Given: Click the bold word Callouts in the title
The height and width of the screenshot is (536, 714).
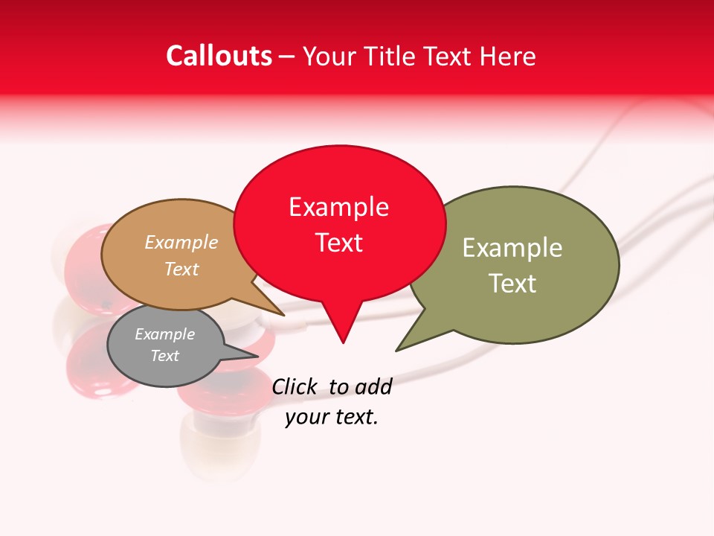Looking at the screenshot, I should click(x=219, y=56).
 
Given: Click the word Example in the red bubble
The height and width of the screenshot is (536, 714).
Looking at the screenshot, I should click(x=338, y=207).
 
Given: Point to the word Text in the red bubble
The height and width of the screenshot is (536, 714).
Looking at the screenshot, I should click(x=338, y=243).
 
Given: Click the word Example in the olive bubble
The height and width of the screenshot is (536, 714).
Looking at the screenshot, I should click(x=512, y=248).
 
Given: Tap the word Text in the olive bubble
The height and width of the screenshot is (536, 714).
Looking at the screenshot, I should click(x=512, y=284).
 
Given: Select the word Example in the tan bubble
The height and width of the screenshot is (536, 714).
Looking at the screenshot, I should click(x=181, y=243).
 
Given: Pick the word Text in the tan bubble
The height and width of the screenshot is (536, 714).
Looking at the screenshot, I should click(x=181, y=269).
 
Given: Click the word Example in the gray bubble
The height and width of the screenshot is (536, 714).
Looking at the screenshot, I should click(x=164, y=334).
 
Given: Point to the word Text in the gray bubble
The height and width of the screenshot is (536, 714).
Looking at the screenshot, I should click(x=164, y=356).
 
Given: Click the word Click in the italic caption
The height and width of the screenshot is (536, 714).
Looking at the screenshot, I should click(x=294, y=386).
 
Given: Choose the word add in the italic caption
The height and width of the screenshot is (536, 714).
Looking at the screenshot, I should click(x=373, y=386).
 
